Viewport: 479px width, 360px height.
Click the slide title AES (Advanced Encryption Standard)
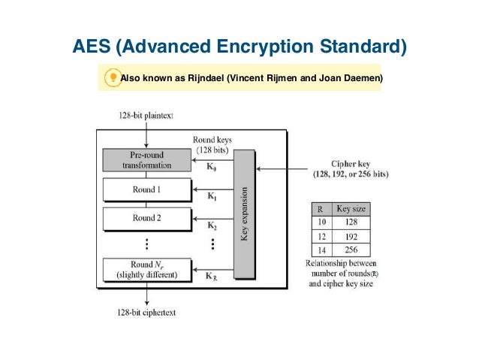pyautogui.click(x=239, y=47)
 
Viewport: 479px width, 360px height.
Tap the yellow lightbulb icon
pyautogui.click(x=112, y=77)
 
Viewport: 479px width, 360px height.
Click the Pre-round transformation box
pyautogui.click(x=146, y=160)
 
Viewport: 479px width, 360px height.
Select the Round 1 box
pyautogui.click(x=146, y=189)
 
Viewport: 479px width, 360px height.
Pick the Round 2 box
pyautogui.click(x=146, y=218)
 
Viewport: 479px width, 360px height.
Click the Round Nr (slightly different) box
pyautogui.click(x=146, y=269)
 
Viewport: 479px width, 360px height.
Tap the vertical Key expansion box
pyautogui.click(x=244, y=213)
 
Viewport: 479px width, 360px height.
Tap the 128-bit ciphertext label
pyautogui.click(x=146, y=312)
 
